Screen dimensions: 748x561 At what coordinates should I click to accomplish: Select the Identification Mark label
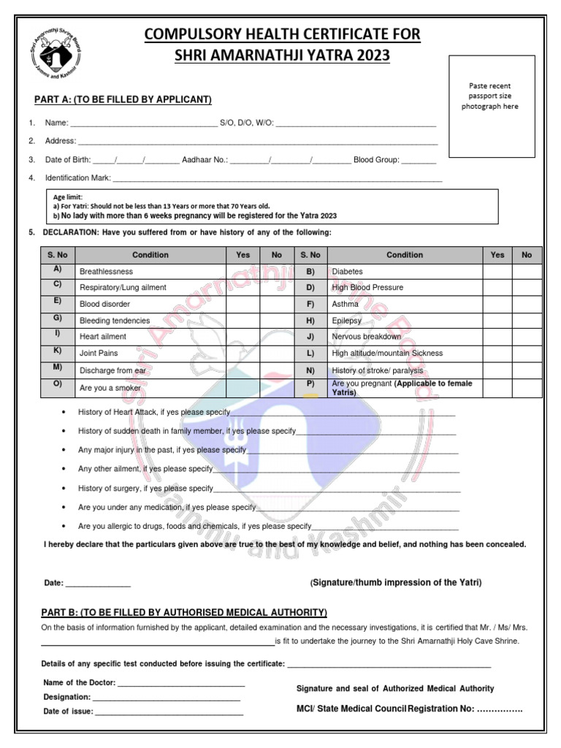click(x=77, y=178)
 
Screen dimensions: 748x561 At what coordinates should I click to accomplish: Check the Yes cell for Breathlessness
click(x=243, y=271)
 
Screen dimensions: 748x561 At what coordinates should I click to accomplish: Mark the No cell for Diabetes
click(x=527, y=271)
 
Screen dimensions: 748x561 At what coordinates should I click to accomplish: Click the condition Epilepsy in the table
click(x=347, y=321)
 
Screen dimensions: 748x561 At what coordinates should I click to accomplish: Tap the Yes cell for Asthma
click(x=497, y=304)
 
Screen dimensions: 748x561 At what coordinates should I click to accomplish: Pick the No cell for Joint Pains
click(x=277, y=354)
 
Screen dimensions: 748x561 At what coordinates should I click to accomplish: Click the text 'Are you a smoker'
click(x=110, y=388)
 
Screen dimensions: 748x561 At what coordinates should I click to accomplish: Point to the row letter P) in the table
click(x=310, y=383)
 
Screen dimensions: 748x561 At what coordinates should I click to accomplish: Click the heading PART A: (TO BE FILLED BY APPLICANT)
click(x=123, y=99)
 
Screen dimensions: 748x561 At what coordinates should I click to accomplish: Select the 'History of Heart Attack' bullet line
click(x=154, y=413)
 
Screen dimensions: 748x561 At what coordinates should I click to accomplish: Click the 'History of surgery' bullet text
click(x=145, y=489)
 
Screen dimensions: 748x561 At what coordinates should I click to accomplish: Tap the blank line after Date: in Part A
click(x=98, y=584)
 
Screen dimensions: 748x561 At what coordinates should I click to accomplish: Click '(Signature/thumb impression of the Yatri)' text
click(x=396, y=582)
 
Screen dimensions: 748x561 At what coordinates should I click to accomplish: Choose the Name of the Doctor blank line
click(x=180, y=684)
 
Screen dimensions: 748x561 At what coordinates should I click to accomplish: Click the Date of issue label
click(x=68, y=711)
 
